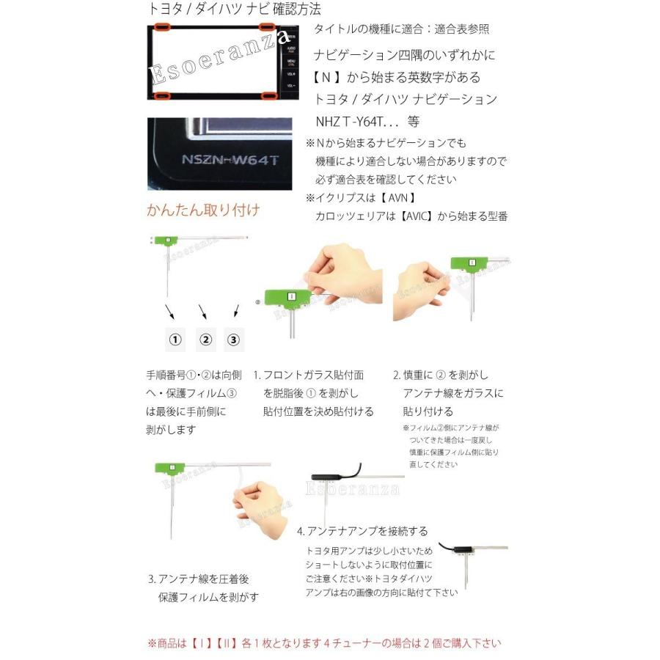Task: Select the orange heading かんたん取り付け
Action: [x=203, y=210]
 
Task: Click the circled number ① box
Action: [x=175, y=340]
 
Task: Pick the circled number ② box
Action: [x=205, y=340]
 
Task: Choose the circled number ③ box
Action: [x=234, y=340]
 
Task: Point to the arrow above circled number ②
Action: [x=202, y=312]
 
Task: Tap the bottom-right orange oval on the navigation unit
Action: [x=270, y=95]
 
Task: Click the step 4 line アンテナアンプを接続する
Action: [x=362, y=531]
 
